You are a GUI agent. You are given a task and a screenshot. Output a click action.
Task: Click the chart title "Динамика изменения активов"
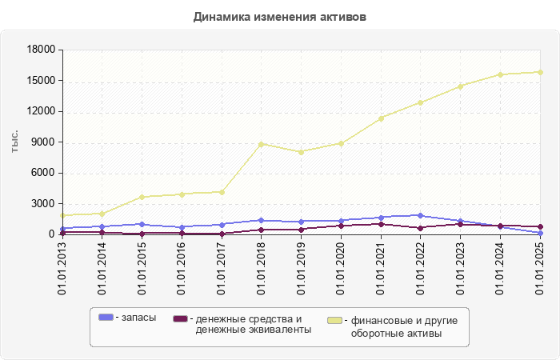pyautogui.click(x=280, y=17)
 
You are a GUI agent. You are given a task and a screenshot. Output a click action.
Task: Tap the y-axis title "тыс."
pyautogui.click(x=15, y=142)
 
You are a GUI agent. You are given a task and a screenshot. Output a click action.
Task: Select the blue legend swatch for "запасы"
pyautogui.click(x=105, y=318)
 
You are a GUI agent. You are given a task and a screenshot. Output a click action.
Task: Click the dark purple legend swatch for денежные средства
pyautogui.click(x=180, y=318)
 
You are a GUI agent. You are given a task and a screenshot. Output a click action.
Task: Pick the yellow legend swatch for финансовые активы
pyautogui.click(x=336, y=321)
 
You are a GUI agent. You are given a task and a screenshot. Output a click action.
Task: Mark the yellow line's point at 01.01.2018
pyautogui.click(x=262, y=144)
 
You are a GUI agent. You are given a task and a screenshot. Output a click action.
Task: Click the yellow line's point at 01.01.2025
pyautogui.click(x=541, y=72)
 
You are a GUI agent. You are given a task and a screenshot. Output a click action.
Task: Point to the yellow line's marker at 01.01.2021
pyautogui.click(x=382, y=118)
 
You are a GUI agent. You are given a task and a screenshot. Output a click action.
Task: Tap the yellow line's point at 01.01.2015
pyautogui.click(x=142, y=197)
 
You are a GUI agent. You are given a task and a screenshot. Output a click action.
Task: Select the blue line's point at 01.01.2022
pyautogui.click(x=421, y=215)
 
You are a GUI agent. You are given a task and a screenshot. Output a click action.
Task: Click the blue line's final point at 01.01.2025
pyautogui.click(x=541, y=233)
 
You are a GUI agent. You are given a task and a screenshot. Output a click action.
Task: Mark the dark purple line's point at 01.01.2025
pyautogui.click(x=541, y=227)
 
